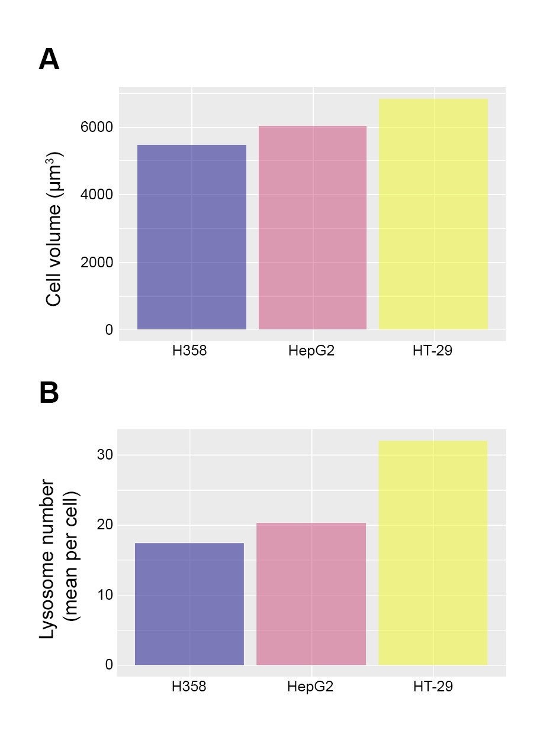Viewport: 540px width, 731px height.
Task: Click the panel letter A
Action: point(49,60)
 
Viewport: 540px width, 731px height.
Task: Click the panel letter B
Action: point(49,393)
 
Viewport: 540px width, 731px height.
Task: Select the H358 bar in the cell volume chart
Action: point(191,237)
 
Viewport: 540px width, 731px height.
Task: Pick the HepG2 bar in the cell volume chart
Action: point(313,228)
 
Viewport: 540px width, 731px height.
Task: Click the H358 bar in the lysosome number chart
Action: point(189,604)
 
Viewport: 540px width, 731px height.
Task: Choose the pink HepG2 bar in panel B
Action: point(311,594)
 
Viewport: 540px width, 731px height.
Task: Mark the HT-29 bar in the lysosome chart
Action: point(433,552)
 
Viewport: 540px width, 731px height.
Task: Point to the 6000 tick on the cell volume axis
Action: point(97,127)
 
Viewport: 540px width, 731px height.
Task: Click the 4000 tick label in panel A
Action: point(97,195)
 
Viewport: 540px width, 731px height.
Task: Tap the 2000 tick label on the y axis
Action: point(97,262)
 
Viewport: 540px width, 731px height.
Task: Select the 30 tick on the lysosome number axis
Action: point(105,455)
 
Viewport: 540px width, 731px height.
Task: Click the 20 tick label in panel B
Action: point(105,525)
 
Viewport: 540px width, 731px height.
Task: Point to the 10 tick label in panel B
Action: point(105,595)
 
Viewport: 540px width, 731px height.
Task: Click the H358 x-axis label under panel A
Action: point(189,351)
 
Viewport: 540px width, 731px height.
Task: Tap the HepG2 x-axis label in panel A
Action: point(312,351)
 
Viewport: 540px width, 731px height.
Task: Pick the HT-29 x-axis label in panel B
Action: point(433,687)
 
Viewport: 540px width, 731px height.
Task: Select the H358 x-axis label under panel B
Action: point(189,687)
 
